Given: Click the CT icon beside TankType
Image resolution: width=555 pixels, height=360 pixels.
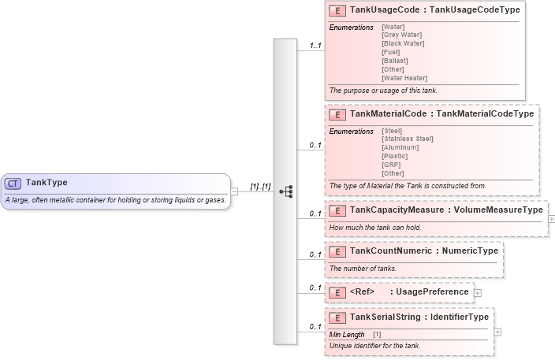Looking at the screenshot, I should (x=13, y=183).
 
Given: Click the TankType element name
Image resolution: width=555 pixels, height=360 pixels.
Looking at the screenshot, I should (x=47, y=183).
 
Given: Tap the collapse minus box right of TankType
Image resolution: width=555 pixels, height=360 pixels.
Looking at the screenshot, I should (x=235, y=191).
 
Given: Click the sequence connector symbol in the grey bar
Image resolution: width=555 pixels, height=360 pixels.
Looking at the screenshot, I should (x=285, y=191).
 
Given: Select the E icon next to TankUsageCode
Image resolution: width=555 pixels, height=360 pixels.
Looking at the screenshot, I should (x=337, y=11).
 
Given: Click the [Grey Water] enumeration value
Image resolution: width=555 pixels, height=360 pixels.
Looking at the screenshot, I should (x=401, y=35).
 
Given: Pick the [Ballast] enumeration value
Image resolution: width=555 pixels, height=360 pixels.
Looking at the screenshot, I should (x=394, y=61).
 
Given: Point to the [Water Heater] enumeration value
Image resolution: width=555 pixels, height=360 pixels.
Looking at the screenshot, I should (x=404, y=78).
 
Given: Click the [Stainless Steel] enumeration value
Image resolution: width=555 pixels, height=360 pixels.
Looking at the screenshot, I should (x=407, y=139).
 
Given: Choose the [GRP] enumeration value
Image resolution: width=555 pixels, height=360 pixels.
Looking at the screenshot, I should (x=391, y=165).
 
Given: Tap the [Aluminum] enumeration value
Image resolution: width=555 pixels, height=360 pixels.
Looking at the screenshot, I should (x=400, y=147).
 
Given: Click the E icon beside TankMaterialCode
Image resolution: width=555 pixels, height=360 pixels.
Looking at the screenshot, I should (x=337, y=114).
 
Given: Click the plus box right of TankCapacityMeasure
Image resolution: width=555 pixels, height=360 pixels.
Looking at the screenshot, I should (x=550, y=214).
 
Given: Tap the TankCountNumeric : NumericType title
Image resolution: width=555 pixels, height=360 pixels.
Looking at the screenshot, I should (x=423, y=251).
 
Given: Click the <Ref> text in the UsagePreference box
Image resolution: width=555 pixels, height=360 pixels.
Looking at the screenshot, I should (x=361, y=292).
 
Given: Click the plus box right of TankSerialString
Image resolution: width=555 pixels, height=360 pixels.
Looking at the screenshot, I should (x=497, y=332).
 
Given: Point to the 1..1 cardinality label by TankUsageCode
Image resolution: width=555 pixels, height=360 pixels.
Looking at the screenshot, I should (x=315, y=46).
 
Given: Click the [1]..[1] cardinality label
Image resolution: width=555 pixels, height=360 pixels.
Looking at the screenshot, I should (x=260, y=187).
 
